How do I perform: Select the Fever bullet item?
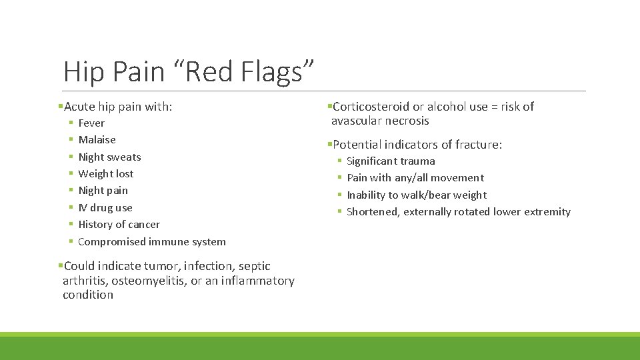[x=91, y=123]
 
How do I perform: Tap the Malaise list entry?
[x=97, y=140]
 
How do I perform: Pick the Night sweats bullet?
[x=109, y=157]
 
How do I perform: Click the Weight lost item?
[x=105, y=174]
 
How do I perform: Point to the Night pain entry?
[x=103, y=191]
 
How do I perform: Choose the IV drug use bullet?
[x=105, y=208]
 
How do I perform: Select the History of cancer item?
[x=119, y=225]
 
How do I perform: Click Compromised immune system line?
[x=151, y=242]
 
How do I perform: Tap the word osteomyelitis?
[x=149, y=281]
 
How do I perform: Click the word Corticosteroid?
[x=371, y=107]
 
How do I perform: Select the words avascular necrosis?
[x=380, y=121]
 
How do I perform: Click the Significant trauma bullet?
[x=391, y=161]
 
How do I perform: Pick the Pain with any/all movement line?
[x=415, y=178]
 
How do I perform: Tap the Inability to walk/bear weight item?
[x=416, y=195]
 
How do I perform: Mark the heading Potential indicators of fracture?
[x=417, y=145]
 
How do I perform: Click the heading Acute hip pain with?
[x=117, y=107]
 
